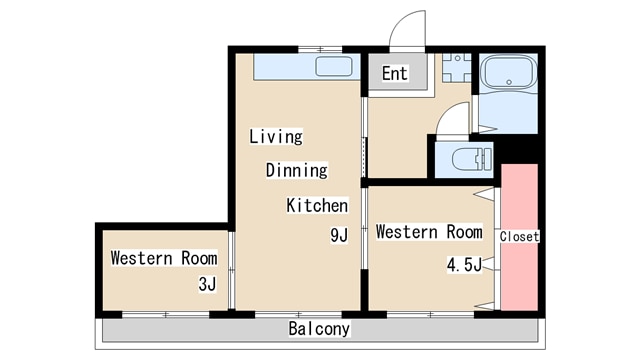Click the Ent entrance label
tap(395, 73)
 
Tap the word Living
tap(276, 137)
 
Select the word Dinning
tap(297, 170)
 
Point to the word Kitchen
tap(317, 205)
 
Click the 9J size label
tap(339, 235)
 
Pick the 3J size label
tap(207, 284)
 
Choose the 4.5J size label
tap(464, 265)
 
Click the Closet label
tap(519, 236)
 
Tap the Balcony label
tap(319, 329)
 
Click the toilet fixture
tap(472, 159)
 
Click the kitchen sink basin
tap(334, 67)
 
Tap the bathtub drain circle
tap(509, 82)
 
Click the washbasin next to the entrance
tap(457, 68)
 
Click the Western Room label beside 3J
tap(164, 258)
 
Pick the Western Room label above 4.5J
tap(429, 232)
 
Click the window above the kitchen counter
tap(320, 49)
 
